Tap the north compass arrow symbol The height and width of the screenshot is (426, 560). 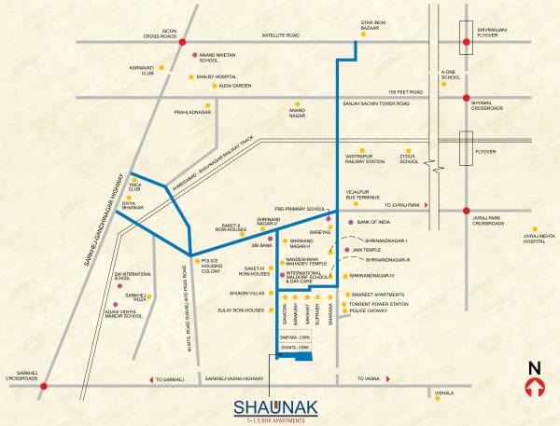tap(535, 388)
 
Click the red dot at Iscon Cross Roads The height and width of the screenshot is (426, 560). tap(183, 42)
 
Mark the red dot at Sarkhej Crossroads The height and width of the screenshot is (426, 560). tap(44, 385)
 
